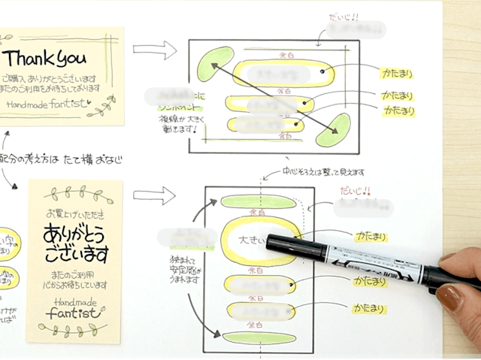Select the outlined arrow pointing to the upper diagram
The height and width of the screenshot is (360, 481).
pyautogui.click(x=154, y=50)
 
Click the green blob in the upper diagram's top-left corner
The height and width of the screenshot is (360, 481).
pyautogui.click(x=215, y=63)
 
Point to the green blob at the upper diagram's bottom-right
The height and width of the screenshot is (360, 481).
pyautogui.click(x=333, y=130)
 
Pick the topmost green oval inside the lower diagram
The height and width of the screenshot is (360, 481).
pyautogui.click(x=259, y=201)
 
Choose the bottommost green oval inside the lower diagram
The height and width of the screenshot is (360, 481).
pyautogui.click(x=259, y=336)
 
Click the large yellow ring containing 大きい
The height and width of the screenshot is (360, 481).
pyautogui.click(x=259, y=241)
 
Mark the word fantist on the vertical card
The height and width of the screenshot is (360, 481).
pyautogui.click(x=75, y=313)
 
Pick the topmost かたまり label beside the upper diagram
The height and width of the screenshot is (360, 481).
pyautogui.click(x=396, y=75)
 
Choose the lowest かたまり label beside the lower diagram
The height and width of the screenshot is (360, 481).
pyautogui.click(x=368, y=308)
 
